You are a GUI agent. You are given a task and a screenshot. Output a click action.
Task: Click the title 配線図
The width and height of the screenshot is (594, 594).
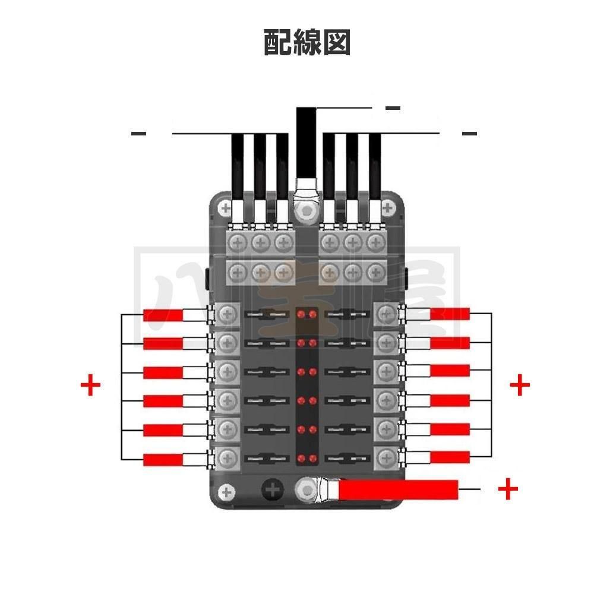pos(307,42)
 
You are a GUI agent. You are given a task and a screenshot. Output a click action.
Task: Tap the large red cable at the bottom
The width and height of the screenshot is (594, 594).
pos(398,489)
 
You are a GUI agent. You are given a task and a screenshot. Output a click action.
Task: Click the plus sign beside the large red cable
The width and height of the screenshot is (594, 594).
pos(508,489)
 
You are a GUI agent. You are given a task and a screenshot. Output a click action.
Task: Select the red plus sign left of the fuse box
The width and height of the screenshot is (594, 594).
pos(90,386)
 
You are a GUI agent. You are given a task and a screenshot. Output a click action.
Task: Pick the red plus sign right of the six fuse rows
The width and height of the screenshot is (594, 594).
pos(520,386)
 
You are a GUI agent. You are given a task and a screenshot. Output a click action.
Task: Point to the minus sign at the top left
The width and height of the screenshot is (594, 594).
pos(138,134)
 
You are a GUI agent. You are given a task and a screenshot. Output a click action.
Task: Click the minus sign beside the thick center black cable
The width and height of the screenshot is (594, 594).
pos(393,109)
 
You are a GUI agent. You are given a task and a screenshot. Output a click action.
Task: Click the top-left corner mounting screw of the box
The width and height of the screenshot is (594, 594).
pos(225,207)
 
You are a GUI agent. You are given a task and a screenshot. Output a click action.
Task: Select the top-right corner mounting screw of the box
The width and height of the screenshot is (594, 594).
pos(388,207)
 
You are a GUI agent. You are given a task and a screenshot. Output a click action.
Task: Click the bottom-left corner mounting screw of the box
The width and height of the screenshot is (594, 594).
pos(226,491)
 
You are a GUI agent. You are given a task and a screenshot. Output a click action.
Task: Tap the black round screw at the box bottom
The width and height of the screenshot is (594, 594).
pos(272,490)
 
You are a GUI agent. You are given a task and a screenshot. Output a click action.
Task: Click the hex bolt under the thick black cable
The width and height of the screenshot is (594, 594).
pos(306,211)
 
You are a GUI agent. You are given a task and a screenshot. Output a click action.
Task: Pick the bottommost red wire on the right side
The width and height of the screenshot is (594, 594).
pos(450,457)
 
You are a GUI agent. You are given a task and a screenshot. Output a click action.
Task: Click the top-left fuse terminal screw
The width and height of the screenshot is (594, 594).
pos(227,315)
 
